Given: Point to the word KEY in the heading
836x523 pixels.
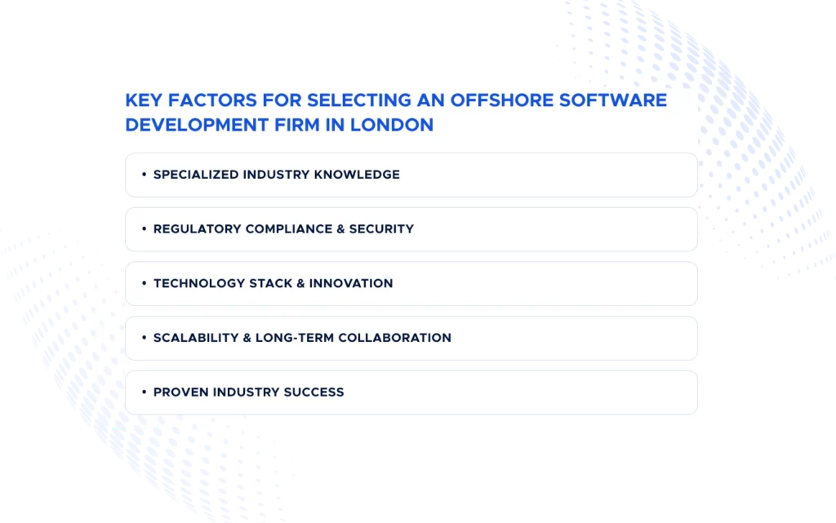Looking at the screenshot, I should click(x=141, y=100).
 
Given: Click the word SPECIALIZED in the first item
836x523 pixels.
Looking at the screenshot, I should click(x=196, y=175).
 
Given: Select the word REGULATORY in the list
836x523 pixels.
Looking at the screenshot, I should click(x=193, y=229).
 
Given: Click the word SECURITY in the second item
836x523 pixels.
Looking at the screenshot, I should click(x=381, y=229).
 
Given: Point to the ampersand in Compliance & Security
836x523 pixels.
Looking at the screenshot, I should click(x=340, y=229).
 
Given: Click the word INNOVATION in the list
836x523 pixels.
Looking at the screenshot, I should click(x=353, y=283).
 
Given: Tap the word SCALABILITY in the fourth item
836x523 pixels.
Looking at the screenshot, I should click(x=193, y=338).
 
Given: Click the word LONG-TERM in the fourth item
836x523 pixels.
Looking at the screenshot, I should click(x=291, y=338).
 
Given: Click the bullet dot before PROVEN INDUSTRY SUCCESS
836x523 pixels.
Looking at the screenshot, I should click(x=144, y=392).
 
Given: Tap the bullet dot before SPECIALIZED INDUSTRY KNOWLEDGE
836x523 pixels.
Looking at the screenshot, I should click(x=144, y=175).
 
